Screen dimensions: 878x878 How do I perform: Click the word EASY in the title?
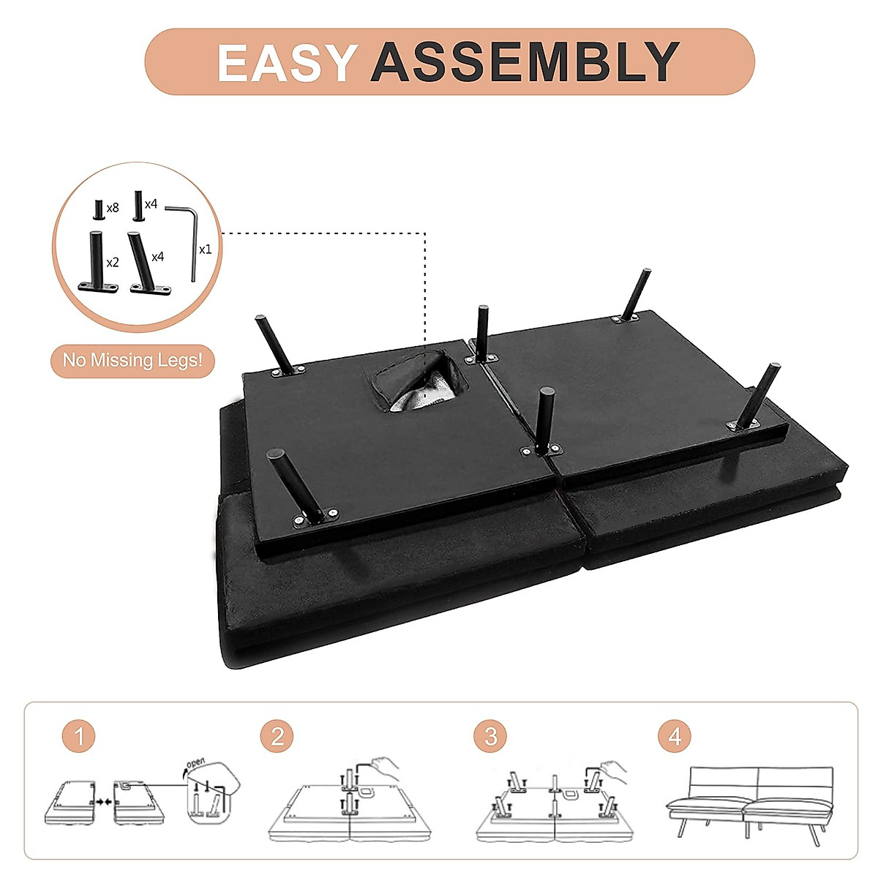click(286, 62)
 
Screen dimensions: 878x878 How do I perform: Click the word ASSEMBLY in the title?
click(525, 62)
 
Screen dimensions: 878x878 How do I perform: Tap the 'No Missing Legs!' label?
click(132, 360)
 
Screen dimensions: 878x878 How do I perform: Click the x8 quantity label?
click(112, 209)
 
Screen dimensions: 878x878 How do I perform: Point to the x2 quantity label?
click(112, 263)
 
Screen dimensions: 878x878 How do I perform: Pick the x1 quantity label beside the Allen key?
click(205, 249)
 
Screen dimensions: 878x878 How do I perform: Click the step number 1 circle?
click(78, 736)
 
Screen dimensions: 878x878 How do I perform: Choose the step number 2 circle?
click(277, 736)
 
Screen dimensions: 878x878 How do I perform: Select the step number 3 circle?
click(489, 736)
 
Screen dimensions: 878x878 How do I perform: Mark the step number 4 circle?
click(674, 736)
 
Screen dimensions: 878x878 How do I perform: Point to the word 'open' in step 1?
click(195, 763)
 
